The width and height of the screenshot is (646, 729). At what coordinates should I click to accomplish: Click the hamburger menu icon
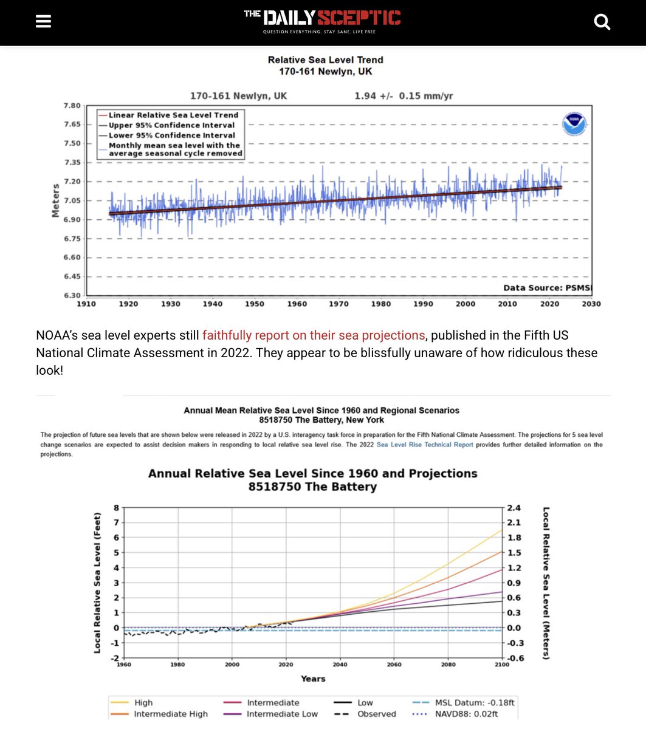click(x=43, y=22)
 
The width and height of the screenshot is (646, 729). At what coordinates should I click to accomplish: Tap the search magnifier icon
click(x=602, y=22)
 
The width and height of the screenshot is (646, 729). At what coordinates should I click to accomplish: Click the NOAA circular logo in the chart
click(x=574, y=124)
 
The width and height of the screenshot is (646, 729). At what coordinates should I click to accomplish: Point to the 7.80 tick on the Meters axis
click(x=72, y=106)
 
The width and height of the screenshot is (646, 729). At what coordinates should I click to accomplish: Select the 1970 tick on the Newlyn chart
click(x=338, y=304)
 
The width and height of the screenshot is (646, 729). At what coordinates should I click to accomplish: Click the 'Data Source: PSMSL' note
click(x=548, y=288)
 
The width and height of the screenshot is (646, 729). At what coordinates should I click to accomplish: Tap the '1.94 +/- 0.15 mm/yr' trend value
click(x=404, y=96)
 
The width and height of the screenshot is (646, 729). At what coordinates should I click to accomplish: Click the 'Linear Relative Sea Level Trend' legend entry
click(x=173, y=115)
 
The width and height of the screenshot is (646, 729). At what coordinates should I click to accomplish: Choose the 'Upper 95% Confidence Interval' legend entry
click(x=171, y=125)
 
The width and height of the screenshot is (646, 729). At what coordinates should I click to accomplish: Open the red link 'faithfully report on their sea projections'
click(x=314, y=335)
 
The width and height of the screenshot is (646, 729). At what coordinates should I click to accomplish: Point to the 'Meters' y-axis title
click(x=56, y=200)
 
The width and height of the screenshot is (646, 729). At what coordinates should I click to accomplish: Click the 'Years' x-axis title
click(x=313, y=679)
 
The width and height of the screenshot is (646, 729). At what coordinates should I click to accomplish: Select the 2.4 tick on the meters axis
click(x=515, y=508)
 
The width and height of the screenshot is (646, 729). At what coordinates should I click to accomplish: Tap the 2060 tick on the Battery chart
click(x=394, y=665)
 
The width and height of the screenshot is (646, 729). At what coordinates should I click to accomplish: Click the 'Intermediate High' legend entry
click(x=171, y=714)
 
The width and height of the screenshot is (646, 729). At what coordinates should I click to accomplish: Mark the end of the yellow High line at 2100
click(x=502, y=530)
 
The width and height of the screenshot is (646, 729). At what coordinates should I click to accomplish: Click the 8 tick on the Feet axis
click(x=116, y=508)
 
